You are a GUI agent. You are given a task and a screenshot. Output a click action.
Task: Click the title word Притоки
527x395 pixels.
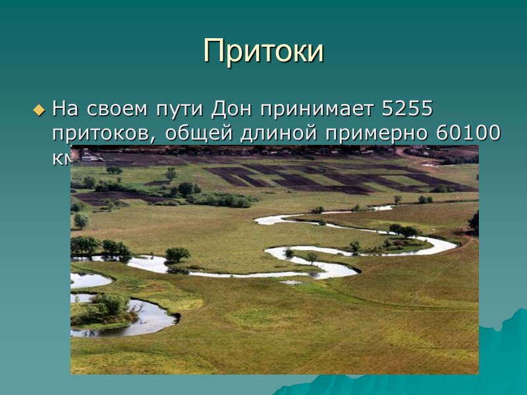[263, 51]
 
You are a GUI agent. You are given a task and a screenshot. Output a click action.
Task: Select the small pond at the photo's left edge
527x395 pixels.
[89, 280]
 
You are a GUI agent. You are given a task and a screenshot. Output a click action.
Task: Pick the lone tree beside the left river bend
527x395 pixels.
[177, 254]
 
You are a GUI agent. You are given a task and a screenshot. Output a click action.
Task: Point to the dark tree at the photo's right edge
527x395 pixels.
[474, 222]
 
